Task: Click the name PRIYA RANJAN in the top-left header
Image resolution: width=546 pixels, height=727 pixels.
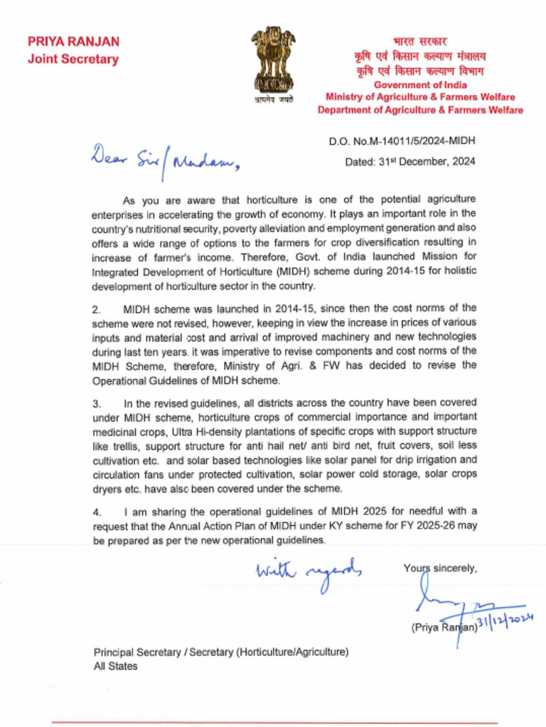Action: [x=74, y=42]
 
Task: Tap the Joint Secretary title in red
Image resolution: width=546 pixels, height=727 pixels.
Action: [x=73, y=60]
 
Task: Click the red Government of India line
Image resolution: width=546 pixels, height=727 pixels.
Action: [x=421, y=85]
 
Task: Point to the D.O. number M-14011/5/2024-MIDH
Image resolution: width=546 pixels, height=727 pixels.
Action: [x=402, y=141]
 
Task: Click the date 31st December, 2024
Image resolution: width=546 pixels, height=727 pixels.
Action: [x=410, y=162]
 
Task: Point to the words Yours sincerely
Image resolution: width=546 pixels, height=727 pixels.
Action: [x=440, y=567]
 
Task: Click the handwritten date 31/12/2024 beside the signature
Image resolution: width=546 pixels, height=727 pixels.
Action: [x=506, y=624]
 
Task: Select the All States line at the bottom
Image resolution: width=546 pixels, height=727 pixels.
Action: [x=116, y=666]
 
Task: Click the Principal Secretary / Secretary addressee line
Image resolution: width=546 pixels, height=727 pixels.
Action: [x=221, y=652]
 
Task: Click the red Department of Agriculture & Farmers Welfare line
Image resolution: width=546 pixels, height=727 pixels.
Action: [x=420, y=110]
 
